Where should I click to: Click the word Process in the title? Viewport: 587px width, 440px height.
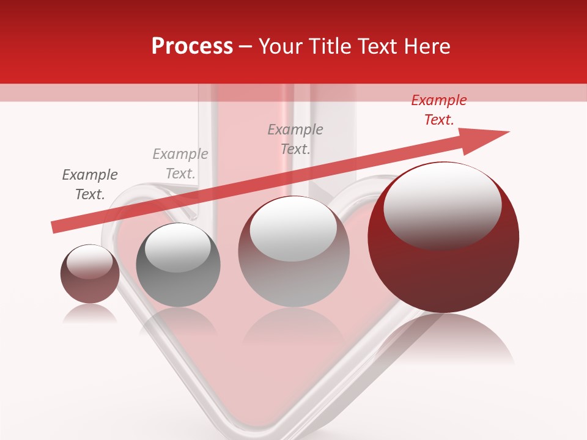[x=192, y=46]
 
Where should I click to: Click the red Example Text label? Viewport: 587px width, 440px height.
[x=439, y=110]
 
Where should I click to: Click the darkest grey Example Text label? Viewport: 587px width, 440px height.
[x=90, y=185]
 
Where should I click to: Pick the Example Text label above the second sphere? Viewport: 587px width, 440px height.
[x=180, y=164]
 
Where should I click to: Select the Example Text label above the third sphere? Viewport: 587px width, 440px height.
[x=295, y=139]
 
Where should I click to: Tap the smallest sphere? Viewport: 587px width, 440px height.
[x=90, y=275]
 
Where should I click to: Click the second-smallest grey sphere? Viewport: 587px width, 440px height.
[x=178, y=266]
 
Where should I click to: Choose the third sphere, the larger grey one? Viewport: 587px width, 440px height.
[x=294, y=252]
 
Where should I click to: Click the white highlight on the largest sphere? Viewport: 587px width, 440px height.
[x=442, y=205]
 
